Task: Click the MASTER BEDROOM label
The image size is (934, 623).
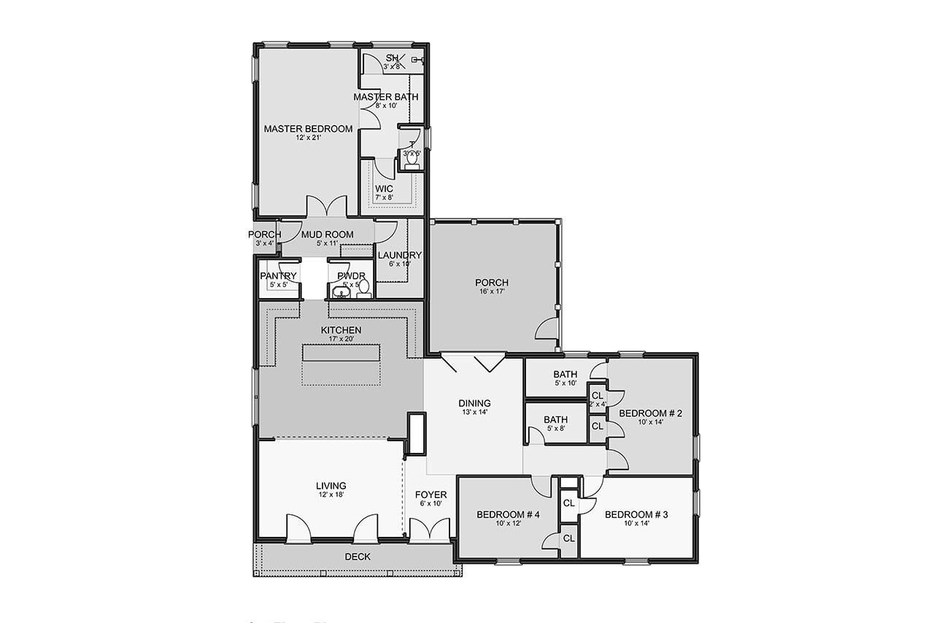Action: click(308, 129)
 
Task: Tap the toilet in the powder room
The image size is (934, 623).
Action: click(363, 288)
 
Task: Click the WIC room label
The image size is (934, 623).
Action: click(384, 189)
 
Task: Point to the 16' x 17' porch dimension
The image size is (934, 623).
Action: click(491, 292)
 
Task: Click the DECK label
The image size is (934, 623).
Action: click(357, 557)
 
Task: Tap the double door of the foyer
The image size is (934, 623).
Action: click(428, 530)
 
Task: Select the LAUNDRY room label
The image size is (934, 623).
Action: click(399, 255)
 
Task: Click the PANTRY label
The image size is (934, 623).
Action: click(278, 275)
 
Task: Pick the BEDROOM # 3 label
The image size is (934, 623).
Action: click(636, 514)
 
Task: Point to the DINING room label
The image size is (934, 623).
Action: click(474, 403)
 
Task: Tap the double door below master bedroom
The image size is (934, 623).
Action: click(325, 207)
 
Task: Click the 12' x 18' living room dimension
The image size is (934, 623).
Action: click(331, 495)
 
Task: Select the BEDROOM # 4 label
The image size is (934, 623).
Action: click(508, 514)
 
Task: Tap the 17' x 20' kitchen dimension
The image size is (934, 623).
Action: click(341, 340)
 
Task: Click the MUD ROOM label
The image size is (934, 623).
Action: click(328, 234)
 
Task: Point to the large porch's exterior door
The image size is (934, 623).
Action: click(547, 329)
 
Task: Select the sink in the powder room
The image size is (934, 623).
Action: click(340, 293)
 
